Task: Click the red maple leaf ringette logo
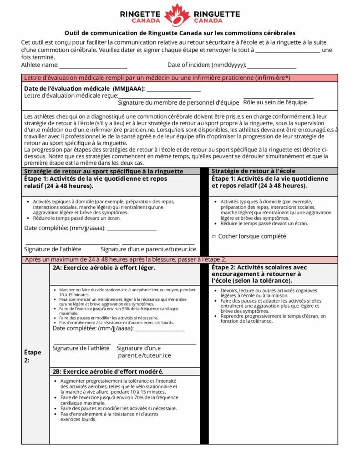(x=177, y=15)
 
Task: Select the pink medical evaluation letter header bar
(x=180, y=78)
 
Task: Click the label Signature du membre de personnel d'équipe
(x=178, y=103)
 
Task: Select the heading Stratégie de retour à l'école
(x=254, y=171)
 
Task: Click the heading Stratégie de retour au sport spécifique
(x=104, y=172)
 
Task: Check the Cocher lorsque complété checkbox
(x=214, y=237)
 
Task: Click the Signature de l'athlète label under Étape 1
(x=53, y=249)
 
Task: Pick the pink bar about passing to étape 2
(x=180, y=259)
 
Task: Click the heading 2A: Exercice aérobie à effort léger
(x=104, y=268)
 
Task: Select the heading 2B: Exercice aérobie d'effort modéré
(x=108, y=371)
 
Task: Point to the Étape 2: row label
(x=32, y=356)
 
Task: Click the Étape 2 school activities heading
(x=259, y=274)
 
